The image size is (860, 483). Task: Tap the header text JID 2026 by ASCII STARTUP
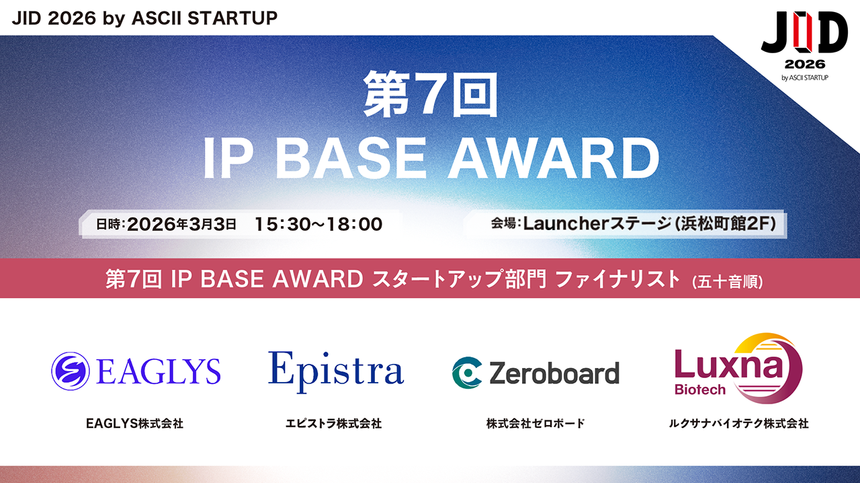pos(144,18)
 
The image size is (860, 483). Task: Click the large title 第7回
pos(430,94)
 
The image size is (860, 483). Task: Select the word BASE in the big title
pos(351,158)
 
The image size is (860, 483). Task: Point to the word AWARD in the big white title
pos(554,158)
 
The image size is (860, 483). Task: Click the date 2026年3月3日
pos(181,224)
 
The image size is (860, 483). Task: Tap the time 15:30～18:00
pos(318,224)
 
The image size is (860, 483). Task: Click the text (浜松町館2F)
pos(726,224)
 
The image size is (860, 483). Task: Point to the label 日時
pos(109,224)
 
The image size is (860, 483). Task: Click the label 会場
pos(504,223)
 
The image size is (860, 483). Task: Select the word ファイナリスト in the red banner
pos(617,278)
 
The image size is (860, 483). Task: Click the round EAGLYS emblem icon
pos(71,371)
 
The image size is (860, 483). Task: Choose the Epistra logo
pos(336,371)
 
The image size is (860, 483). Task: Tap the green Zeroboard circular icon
pos(466,373)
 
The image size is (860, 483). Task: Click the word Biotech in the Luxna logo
pos(700,390)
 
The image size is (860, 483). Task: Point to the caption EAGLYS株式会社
pos(134,423)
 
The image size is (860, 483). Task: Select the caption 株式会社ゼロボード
pos(535,423)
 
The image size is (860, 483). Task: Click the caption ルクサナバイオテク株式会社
pos(738,423)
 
